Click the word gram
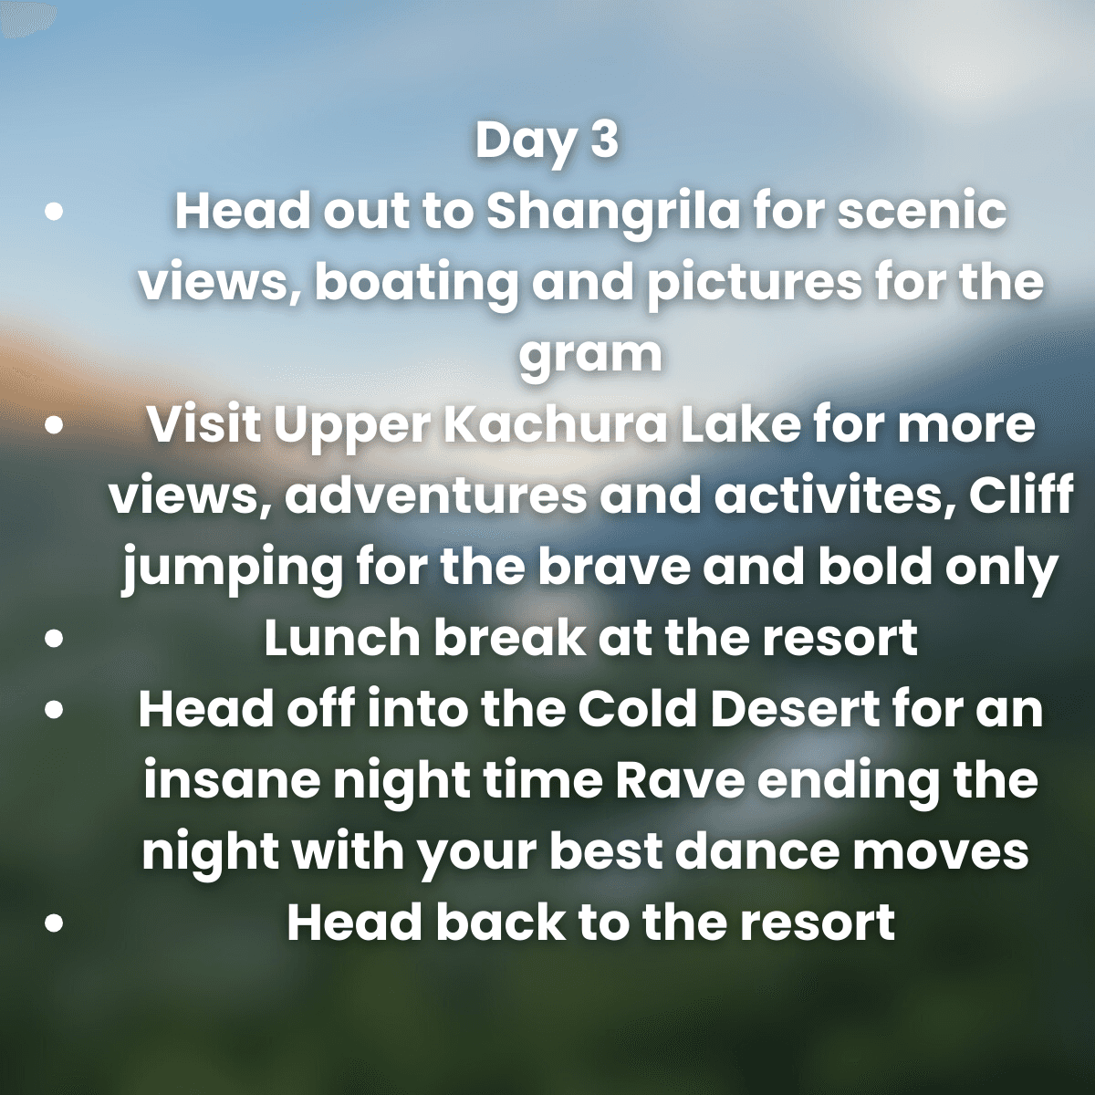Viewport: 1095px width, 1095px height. click(589, 355)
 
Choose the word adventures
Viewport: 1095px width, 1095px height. click(435, 497)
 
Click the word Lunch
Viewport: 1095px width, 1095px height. click(341, 639)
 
